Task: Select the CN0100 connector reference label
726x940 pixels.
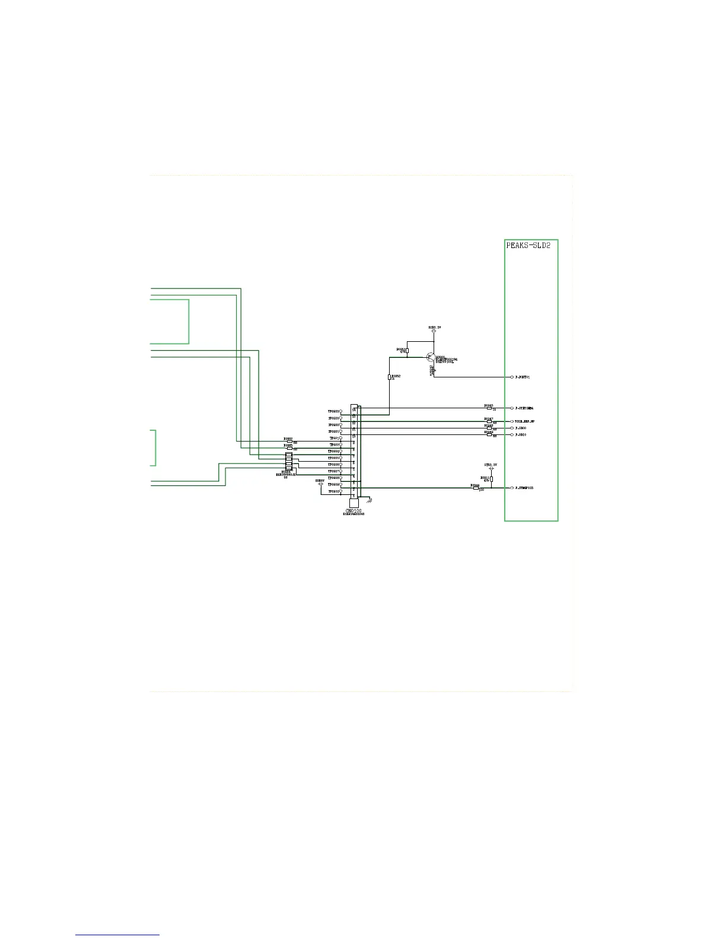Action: pyautogui.click(x=354, y=510)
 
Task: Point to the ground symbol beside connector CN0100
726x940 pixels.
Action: pyautogui.click(x=370, y=500)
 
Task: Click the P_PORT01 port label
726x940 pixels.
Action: pyautogui.click(x=523, y=377)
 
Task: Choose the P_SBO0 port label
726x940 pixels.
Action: pyautogui.click(x=521, y=428)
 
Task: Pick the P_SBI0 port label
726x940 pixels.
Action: pyautogui.click(x=521, y=435)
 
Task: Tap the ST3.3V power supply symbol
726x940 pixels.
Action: pyautogui.click(x=491, y=468)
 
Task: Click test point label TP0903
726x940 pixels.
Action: pyautogui.click(x=333, y=411)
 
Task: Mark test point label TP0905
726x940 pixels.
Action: pyautogui.click(x=333, y=458)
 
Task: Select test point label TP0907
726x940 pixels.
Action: pyautogui.click(x=333, y=472)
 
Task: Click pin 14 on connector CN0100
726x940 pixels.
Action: pyautogui.click(x=354, y=409)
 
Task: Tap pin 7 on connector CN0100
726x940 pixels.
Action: pyautogui.click(x=354, y=457)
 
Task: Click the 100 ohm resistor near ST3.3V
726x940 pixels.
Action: pyautogui.click(x=476, y=488)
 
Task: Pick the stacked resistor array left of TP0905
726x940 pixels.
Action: pyautogui.click(x=289, y=461)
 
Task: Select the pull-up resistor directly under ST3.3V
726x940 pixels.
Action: pyautogui.click(x=491, y=479)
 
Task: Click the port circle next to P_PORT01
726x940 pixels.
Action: pyautogui.click(x=512, y=377)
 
